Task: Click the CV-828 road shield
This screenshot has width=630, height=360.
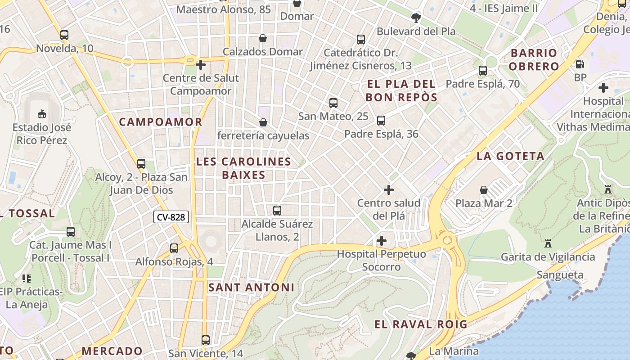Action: (x=171, y=217)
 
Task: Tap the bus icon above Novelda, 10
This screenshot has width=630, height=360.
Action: (x=64, y=35)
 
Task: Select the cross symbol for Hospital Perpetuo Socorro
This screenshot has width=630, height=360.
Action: (x=381, y=241)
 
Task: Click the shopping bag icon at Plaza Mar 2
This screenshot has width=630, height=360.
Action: (x=484, y=190)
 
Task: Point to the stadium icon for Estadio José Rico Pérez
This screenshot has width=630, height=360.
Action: (x=41, y=113)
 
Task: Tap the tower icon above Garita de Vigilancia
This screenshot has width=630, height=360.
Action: (x=548, y=243)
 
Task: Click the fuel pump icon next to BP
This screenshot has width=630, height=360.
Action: (x=580, y=64)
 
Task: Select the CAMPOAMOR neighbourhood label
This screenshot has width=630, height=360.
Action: (x=161, y=122)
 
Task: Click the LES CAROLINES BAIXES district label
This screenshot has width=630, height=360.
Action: (x=243, y=168)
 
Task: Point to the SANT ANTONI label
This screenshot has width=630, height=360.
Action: (x=252, y=287)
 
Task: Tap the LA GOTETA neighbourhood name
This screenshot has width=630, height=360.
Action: (x=510, y=156)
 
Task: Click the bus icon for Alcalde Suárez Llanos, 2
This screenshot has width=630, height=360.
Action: (x=277, y=210)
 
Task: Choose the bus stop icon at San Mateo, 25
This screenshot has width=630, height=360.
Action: (x=333, y=103)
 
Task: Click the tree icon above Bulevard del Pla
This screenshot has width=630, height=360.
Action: (x=416, y=18)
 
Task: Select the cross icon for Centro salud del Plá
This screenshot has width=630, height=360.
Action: (x=388, y=190)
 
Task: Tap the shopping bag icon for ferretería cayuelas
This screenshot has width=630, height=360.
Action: (x=263, y=122)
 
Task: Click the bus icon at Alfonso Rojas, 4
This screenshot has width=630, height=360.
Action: (x=174, y=248)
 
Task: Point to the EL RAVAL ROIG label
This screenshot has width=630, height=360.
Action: (x=421, y=324)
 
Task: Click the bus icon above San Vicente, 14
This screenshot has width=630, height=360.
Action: (x=206, y=340)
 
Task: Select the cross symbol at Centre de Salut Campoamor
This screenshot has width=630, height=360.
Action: (x=201, y=65)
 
